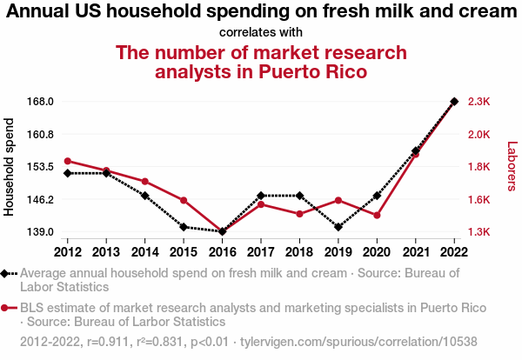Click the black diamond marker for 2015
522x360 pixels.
coord(184,227)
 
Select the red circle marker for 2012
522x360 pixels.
coord(68,161)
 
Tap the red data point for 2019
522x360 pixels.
coord(338,200)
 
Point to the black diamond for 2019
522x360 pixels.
coord(338,227)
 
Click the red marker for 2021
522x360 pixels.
coord(416,154)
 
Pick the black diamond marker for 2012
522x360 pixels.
coord(68,173)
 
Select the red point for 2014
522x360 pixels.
coord(145,181)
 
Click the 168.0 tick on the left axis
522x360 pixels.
coord(42,102)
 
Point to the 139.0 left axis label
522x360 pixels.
coord(42,232)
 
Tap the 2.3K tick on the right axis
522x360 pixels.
coord(479,102)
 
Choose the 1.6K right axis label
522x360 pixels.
coord(479,200)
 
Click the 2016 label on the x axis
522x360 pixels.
coord(223,252)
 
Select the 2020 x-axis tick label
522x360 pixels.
coord(377,252)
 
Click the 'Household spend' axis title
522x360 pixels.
coord(10,167)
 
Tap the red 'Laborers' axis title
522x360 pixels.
coord(512,167)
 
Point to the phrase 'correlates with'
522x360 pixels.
coord(261,32)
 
